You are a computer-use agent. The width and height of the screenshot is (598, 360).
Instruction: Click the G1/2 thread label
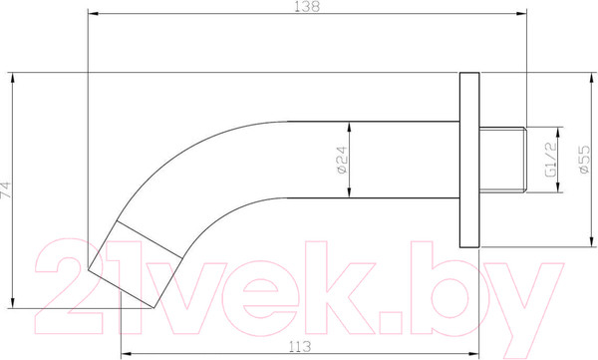click(549, 157)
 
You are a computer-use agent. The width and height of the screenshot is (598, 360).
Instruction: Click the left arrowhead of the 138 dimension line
click(92, 14)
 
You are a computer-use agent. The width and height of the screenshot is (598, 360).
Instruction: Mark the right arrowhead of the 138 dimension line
click(521, 14)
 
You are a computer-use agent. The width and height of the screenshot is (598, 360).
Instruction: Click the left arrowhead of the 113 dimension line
click(122, 353)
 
